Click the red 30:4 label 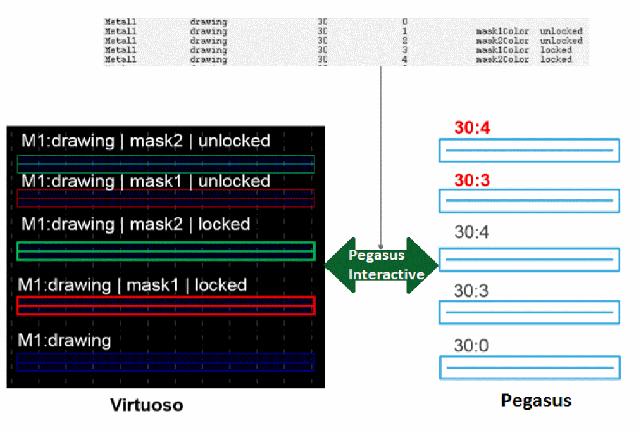pos(472,128)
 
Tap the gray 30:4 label pos(471,232)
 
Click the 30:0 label pos(471,346)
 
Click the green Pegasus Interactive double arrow pos(381,265)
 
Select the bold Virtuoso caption pos(147,405)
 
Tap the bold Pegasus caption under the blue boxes pos(536,400)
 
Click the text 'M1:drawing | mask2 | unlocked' pos(146,140)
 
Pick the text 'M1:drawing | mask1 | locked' pos(132,285)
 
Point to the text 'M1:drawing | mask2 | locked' pos(135,224)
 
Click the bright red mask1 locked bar pos(166,305)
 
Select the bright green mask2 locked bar pos(166,251)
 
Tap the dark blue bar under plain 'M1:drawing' pos(166,362)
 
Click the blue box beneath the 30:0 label pos(530,367)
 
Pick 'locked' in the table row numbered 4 pos(556,60)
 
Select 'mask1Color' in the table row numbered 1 pos(502,31)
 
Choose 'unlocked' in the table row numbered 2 pos(561,41)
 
